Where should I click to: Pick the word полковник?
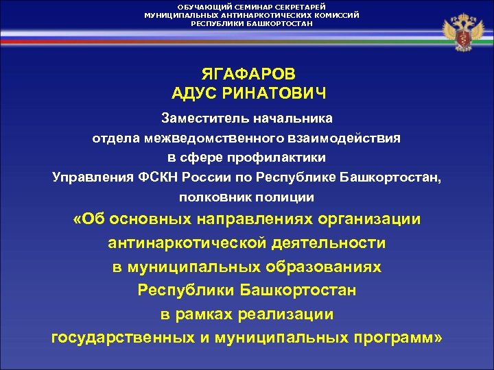click(x=213, y=197)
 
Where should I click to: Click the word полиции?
click(x=283, y=197)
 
